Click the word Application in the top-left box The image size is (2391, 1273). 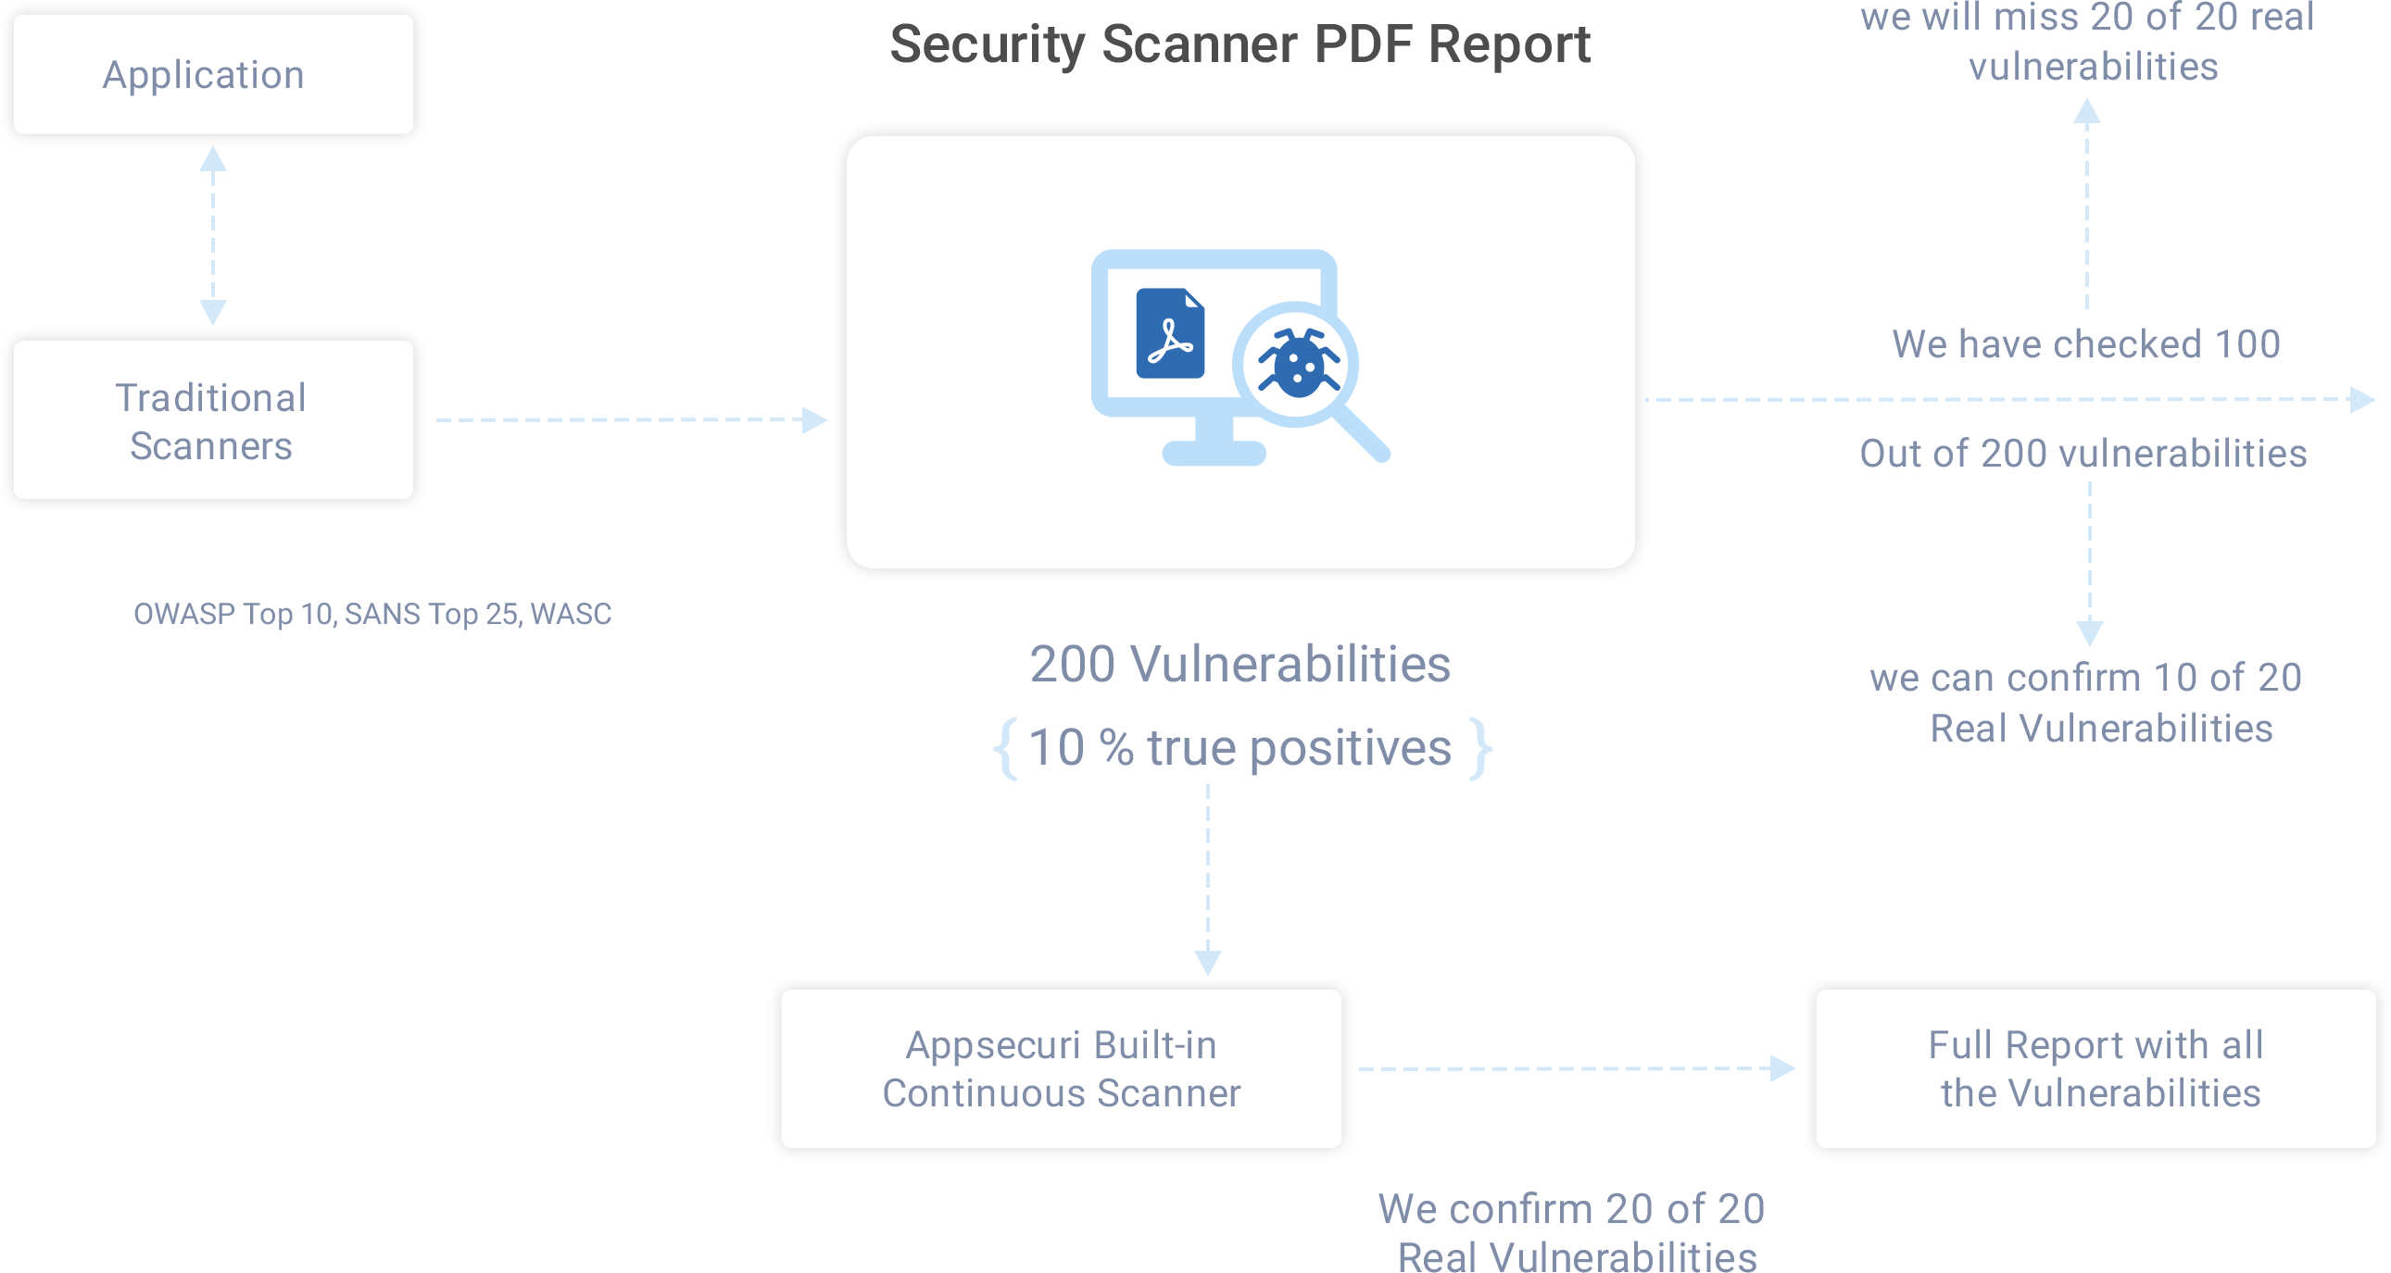click(203, 75)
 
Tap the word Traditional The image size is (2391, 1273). click(210, 398)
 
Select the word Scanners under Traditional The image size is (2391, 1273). click(210, 446)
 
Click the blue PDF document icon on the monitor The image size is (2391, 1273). click(1169, 333)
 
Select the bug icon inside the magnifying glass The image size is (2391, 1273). click(1298, 363)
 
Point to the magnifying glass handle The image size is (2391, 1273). click(1363, 434)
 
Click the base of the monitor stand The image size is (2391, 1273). click(1214, 453)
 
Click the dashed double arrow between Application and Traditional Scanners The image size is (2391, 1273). click(212, 237)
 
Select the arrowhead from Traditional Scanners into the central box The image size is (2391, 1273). click(813, 419)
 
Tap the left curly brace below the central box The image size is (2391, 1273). click(1007, 748)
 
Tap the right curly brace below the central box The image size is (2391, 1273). click(1481, 748)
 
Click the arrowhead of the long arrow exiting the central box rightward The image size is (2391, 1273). click(2360, 400)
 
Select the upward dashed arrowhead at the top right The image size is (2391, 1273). click(2086, 109)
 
